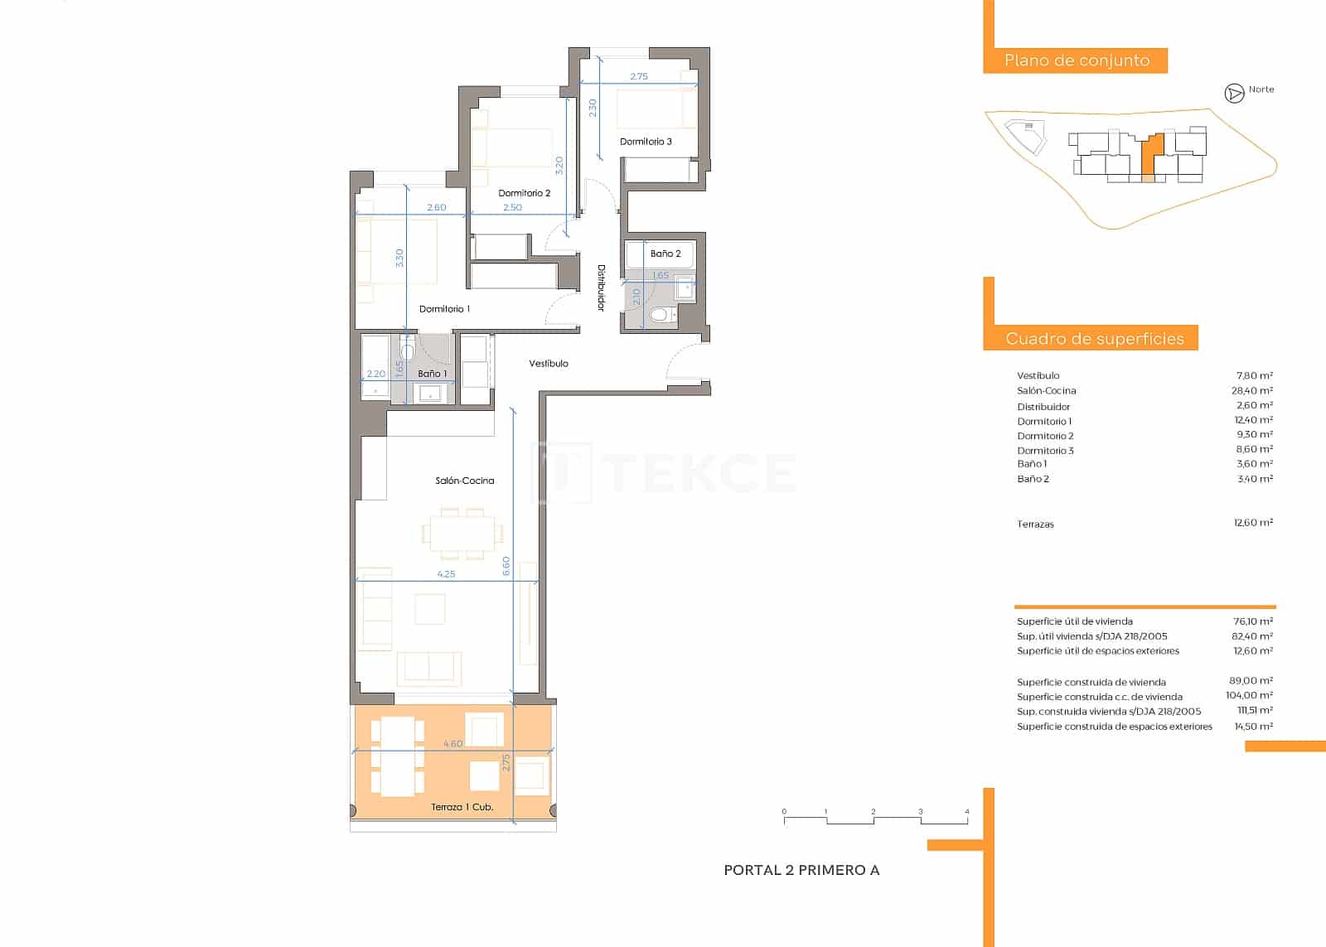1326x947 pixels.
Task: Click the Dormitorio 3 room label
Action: pyautogui.click(x=646, y=142)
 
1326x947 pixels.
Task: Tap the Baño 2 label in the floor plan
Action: pyautogui.click(x=665, y=254)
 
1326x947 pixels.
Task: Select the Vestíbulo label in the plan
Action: pyautogui.click(x=549, y=364)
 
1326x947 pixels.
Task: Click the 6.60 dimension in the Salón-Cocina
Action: pyautogui.click(x=506, y=566)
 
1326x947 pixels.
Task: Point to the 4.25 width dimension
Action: pyautogui.click(x=446, y=573)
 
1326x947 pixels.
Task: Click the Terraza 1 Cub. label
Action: pyautogui.click(x=462, y=807)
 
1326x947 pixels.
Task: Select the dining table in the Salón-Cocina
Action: pyautogui.click(x=462, y=534)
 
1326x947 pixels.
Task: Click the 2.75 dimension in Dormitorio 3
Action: pyautogui.click(x=638, y=76)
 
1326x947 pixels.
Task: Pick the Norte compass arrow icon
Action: pyautogui.click(x=1234, y=94)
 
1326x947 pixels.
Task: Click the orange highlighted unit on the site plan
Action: pyautogui.click(x=1149, y=153)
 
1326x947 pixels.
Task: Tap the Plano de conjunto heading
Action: pyautogui.click(x=1076, y=60)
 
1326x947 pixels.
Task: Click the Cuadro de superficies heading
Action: pyautogui.click(x=1094, y=338)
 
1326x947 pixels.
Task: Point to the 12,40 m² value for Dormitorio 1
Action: pyautogui.click(x=1252, y=420)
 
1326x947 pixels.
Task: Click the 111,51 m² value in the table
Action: pyautogui.click(x=1254, y=711)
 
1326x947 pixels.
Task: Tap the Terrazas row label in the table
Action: pyautogui.click(x=1035, y=524)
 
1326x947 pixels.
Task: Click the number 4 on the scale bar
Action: pyautogui.click(x=966, y=812)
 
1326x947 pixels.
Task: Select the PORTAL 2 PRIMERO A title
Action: pyautogui.click(x=801, y=870)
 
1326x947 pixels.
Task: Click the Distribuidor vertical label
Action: pyautogui.click(x=602, y=288)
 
